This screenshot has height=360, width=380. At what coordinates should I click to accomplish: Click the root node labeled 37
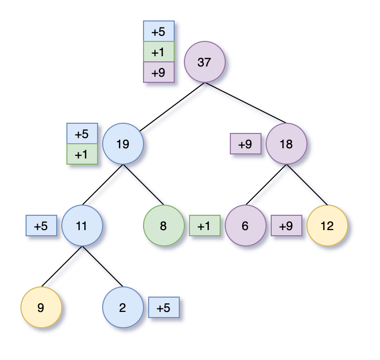coord(204,62)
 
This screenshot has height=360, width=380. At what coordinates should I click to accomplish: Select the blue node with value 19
coord(123,144)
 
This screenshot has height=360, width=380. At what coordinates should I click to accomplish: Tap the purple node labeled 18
coord(286,144)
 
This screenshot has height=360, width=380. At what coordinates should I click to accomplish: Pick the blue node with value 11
coord(82,226)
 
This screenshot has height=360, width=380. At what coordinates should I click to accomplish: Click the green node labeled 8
coord(163,226)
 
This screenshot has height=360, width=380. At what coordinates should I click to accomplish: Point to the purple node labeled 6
coord(245,226)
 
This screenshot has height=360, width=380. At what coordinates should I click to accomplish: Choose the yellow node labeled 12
coord(327,226)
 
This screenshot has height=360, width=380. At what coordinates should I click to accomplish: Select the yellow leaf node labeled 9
coord(41,307)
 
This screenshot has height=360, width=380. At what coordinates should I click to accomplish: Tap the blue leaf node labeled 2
coord(123,307)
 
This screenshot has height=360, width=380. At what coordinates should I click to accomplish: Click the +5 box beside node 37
coord(158,31)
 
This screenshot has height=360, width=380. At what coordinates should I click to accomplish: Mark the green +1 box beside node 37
coord(158,52)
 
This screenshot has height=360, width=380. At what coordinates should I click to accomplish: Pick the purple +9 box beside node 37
coord(158,72)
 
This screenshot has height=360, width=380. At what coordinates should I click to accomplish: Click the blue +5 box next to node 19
coord(82,133)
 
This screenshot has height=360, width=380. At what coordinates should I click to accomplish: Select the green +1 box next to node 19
coord(82,154)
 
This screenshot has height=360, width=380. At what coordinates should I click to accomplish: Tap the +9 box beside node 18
coord(245,144)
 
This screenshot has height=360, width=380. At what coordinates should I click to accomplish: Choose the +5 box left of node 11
coord(41,226)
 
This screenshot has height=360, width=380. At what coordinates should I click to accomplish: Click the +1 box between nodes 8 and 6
coord(204,226)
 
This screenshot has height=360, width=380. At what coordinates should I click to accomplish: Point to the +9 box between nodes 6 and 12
coord(286,226)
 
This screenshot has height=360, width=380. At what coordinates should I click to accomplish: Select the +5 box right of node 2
coord(163,307)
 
